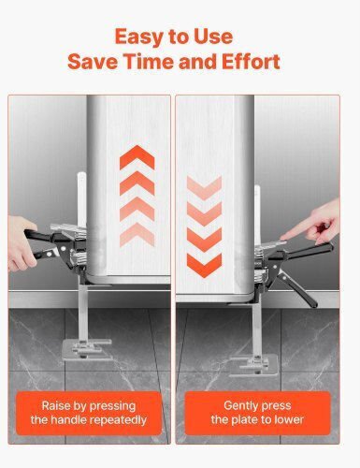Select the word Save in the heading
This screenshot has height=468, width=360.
coord(93,61)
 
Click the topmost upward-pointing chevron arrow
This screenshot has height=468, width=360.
coord(137,157)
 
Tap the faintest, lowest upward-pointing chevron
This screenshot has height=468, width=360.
coord(137,234)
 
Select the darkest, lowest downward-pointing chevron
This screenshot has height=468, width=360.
coord(204,265)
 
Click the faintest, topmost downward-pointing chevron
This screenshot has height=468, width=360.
coord(204,188)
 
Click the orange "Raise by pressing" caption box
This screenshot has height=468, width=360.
coord(89,413)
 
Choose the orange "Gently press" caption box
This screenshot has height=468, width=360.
coord(257,413)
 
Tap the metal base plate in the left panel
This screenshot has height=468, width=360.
coord(87,350)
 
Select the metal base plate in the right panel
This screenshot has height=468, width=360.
coord(253,365)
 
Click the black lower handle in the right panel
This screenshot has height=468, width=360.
coord(297,288)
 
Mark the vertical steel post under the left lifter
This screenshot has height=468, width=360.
coord(82,312)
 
